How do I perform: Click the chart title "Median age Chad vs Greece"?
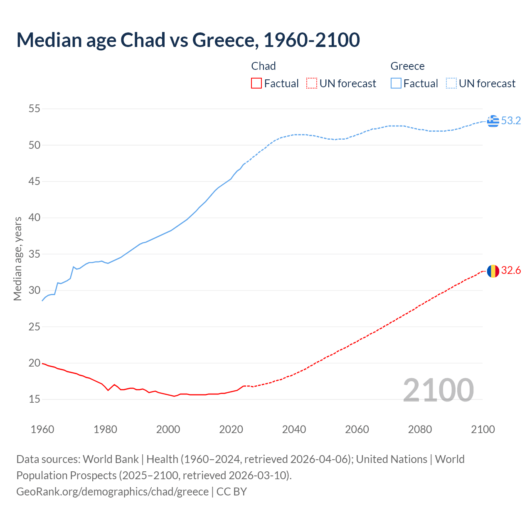[188, 40]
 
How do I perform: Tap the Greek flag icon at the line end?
[493, 121]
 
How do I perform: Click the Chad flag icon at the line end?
[493, 271]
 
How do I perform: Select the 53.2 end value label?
[511, 121]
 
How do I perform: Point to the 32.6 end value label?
[511, 271]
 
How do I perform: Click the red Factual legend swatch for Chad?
[256, 84]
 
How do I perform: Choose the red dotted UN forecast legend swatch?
[312, 84]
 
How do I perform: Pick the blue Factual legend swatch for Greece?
[396, 84]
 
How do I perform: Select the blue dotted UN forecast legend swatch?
[451, 84]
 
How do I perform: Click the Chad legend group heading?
[264, 66]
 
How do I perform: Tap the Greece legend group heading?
[407, 66]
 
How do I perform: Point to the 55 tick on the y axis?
[34, 109]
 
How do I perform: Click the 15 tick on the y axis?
[34, 399]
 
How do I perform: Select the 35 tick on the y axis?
[34, 254]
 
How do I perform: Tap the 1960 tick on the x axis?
[42, 429]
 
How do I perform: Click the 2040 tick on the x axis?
[294, 429]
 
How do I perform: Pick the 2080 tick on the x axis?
[420, 429]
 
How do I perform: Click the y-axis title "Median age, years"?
[17, 259]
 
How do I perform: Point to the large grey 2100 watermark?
[438, 390]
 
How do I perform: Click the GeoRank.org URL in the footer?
[112, 491]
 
